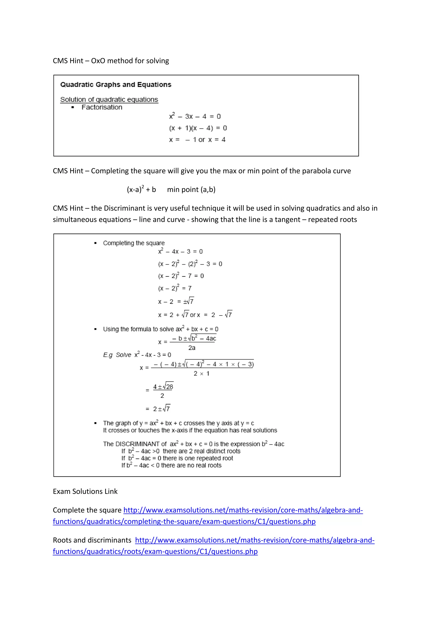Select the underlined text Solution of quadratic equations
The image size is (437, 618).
109,99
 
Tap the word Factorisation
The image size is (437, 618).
102,107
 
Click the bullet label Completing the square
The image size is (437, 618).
134,243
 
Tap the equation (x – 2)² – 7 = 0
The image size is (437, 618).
181,276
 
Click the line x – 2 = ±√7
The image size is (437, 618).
176,301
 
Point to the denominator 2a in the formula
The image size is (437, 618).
192,348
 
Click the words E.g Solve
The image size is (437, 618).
117,355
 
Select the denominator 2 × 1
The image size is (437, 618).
201,373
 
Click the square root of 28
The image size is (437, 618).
169,386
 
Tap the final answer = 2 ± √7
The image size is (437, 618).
158,409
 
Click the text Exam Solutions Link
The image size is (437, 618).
85,491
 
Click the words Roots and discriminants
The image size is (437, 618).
92,540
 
